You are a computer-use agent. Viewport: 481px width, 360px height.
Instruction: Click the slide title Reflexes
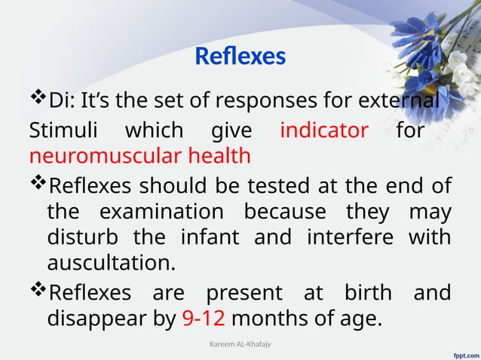240,56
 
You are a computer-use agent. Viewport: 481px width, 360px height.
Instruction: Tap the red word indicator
323,130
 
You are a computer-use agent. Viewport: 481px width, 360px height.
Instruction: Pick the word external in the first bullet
400,100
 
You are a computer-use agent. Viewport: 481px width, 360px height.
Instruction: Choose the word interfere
345,237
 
